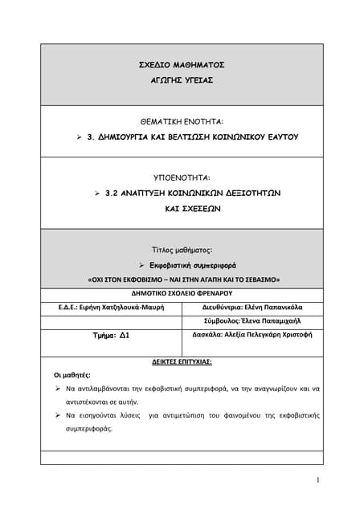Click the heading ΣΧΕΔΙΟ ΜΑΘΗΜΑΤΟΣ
(182, 64)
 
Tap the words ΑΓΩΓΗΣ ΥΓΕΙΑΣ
(182, 82)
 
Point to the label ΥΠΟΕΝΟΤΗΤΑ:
(182, 176)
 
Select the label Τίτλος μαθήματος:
(182, 250)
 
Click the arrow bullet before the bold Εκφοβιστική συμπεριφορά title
(140, 264)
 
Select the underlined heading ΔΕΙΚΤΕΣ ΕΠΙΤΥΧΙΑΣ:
(182, 362)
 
